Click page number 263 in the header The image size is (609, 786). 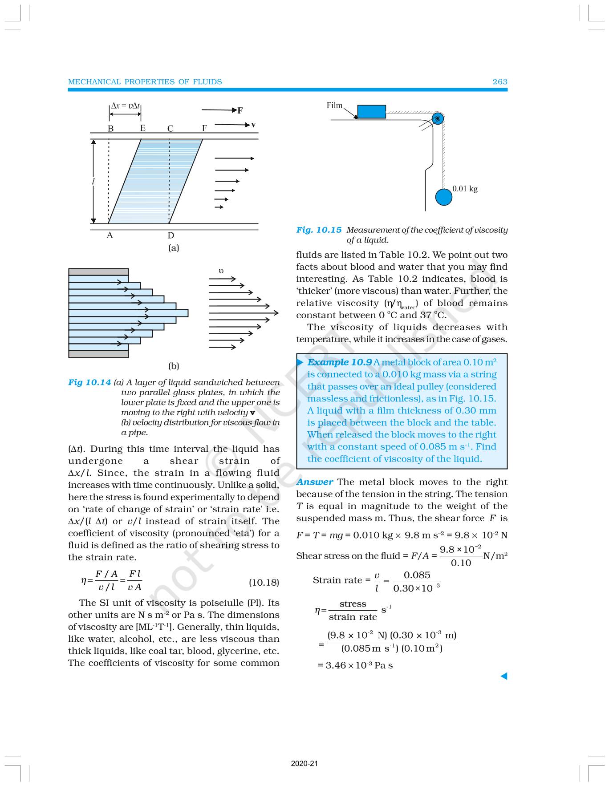[499, 81]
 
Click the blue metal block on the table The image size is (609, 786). [371, 111]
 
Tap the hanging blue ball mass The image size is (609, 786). [443, 197]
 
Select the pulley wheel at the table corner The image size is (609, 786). [438, 118]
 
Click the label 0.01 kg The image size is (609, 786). [465, 189]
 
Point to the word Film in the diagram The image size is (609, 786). [334, 105]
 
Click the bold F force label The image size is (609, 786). [240, 110]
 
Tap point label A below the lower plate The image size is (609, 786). [110, 235]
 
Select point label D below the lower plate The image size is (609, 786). [171, 236]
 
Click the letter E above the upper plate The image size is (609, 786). [142, 128]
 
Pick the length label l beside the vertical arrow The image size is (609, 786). [93, 182]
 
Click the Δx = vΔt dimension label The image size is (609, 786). [126, 106]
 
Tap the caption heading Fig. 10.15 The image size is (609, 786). [319, 230]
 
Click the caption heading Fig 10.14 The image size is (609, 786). [89, 382]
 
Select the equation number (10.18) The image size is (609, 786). [264, 582]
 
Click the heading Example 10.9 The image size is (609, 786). [339, 362]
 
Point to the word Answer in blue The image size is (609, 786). [314, 482]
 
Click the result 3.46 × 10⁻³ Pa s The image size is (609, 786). [355, 665]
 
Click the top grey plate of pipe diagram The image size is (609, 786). [98, 272]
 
